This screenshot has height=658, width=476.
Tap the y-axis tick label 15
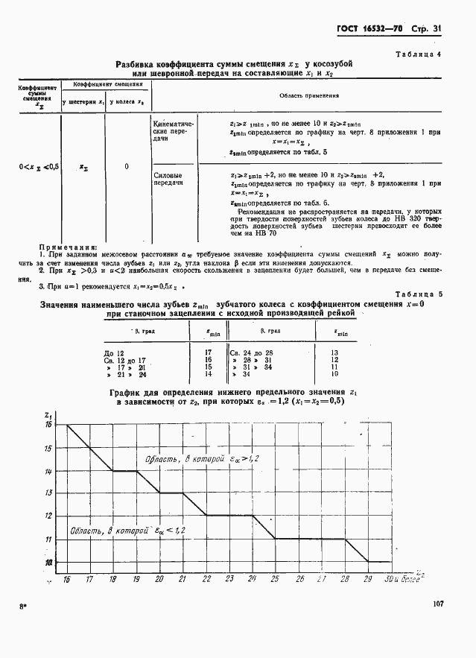[x=48, y=449]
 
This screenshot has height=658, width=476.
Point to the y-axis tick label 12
[x=48, y=516]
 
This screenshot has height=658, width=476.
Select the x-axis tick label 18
[x=112, y=578]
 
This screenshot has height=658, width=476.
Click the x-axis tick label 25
[x=274, y=578]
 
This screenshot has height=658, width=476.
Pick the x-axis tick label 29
[x=367, y=578]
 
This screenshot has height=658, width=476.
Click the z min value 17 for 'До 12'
[x=209, y=350]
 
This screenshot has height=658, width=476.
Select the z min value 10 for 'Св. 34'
[x=334, y=374]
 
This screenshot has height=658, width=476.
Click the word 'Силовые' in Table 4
[x=166, y=175]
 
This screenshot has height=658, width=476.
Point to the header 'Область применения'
[x=308, y=96]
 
